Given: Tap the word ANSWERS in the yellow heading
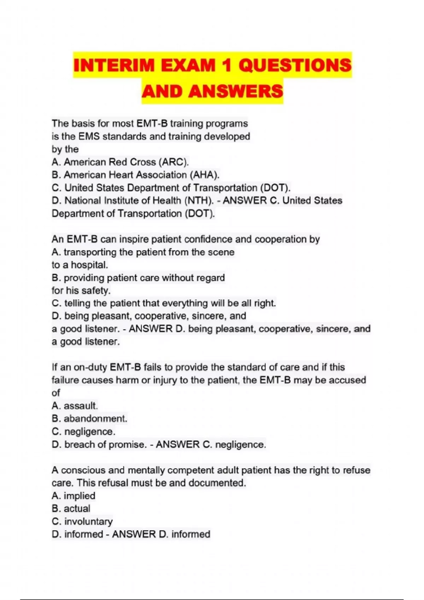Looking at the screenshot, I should pos(236,91).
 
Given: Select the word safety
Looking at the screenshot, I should pos(96,290).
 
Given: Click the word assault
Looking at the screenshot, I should pos(81,406).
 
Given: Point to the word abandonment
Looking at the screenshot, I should pos(95,419).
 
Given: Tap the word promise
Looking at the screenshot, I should pos(127,444).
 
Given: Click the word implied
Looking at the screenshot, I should pos(79,496).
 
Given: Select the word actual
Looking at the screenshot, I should pos(77,509).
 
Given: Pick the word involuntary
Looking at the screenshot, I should pos(88,521).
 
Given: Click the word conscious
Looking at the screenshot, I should pos(83,470).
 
